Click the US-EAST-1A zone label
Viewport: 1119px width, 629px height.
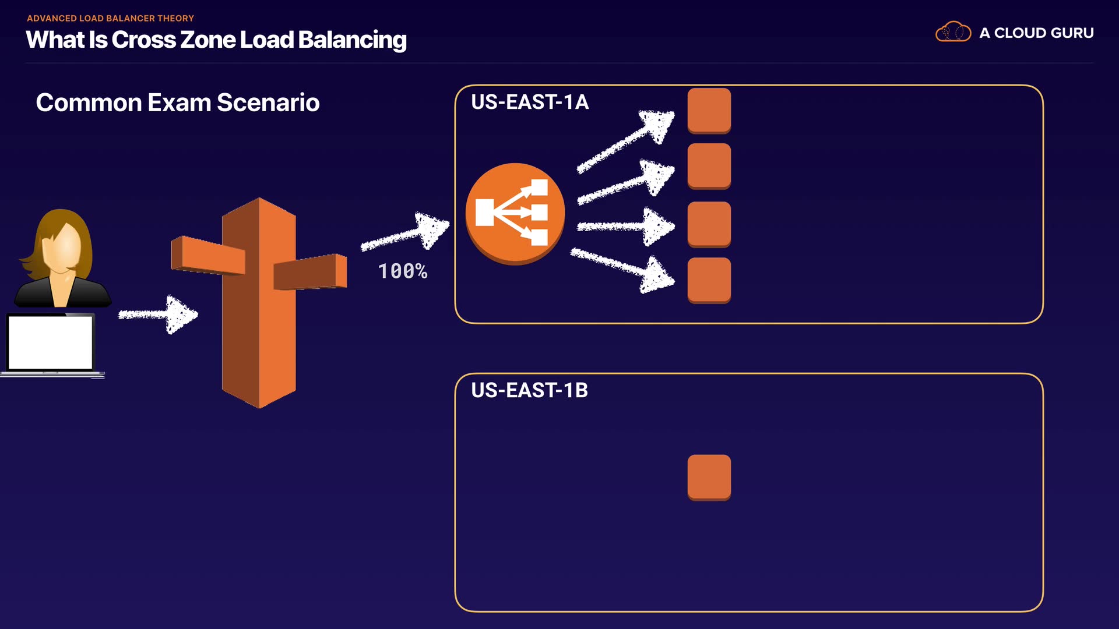(x=530, y=102)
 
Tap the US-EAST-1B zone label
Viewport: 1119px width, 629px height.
(x=529, y=390)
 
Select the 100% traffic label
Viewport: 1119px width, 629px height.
(x=403, y=271)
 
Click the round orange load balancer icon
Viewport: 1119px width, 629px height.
(x=515, y=213)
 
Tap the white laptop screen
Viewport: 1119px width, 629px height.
(x=51, y=342)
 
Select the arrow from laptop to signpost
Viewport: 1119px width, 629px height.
(x=159, y=314)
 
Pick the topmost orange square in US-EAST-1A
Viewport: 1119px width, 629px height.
(x=709, y=110)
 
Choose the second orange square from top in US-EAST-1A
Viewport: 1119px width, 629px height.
(x=709, y=166)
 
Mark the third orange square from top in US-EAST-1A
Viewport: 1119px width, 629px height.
(x=709, y=224)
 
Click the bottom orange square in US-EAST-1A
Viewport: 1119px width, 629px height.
(x=709, y=280)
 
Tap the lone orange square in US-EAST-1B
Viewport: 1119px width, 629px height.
(x=709, y=477)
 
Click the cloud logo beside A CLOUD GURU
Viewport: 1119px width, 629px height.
(x=953, y=32)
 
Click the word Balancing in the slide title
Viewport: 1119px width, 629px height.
(x=352, y=40)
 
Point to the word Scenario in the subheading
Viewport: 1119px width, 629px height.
(x=268, y=103)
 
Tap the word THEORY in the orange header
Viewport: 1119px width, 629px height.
(x=174, y=19)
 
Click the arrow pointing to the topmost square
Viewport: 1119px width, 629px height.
(x=626, y=142)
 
